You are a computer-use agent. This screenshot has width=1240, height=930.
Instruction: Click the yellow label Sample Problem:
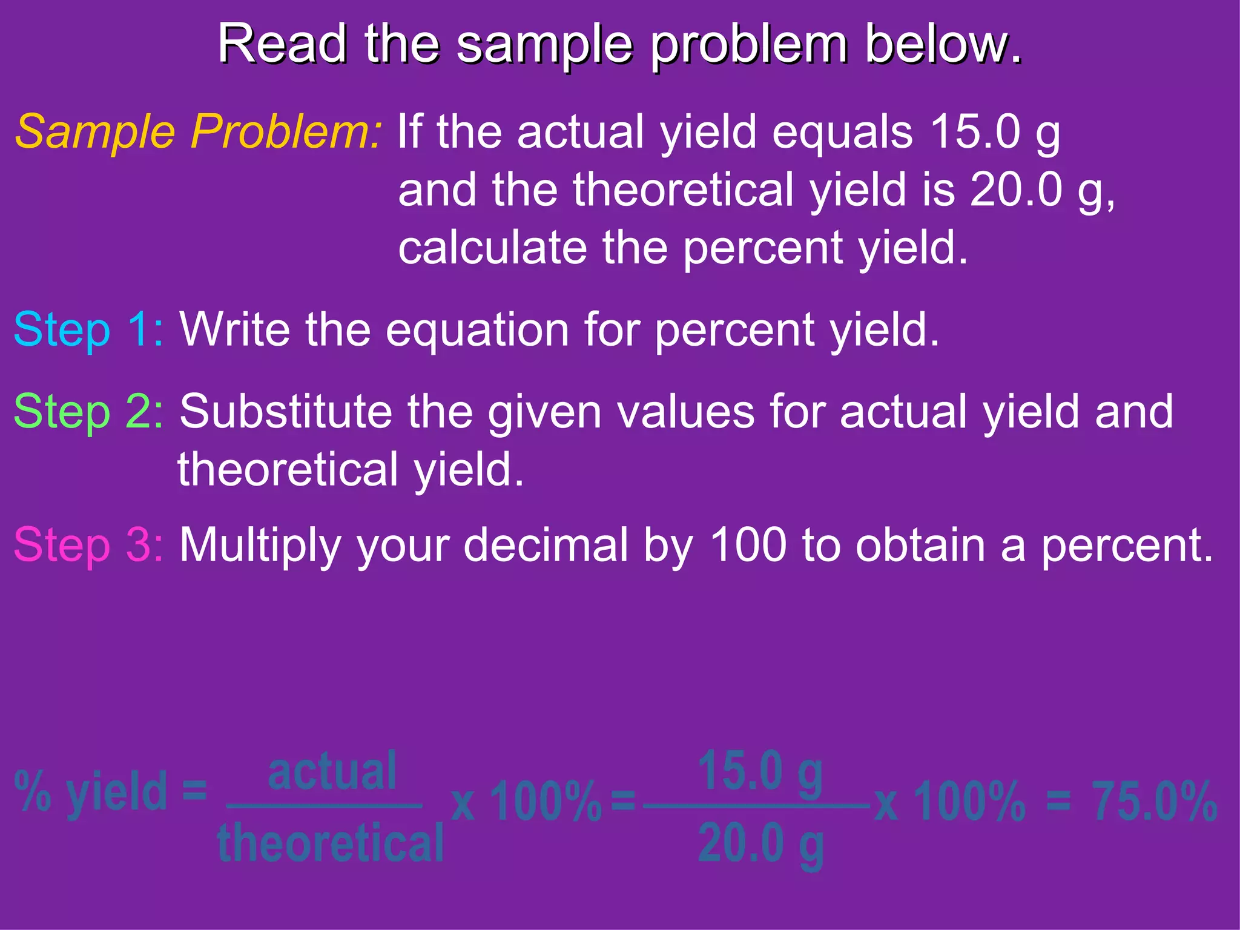199,131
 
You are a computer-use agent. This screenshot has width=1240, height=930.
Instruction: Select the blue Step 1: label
88,330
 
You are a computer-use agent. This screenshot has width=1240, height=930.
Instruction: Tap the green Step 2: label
88,412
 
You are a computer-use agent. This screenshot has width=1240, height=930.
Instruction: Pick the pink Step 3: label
88,545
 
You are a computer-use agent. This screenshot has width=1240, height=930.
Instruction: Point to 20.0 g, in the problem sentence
1042,190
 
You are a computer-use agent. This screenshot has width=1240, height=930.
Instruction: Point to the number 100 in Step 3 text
748,545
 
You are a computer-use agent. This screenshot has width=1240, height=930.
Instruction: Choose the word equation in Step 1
478,330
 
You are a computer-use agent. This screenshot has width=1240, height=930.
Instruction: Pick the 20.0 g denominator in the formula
760,843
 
